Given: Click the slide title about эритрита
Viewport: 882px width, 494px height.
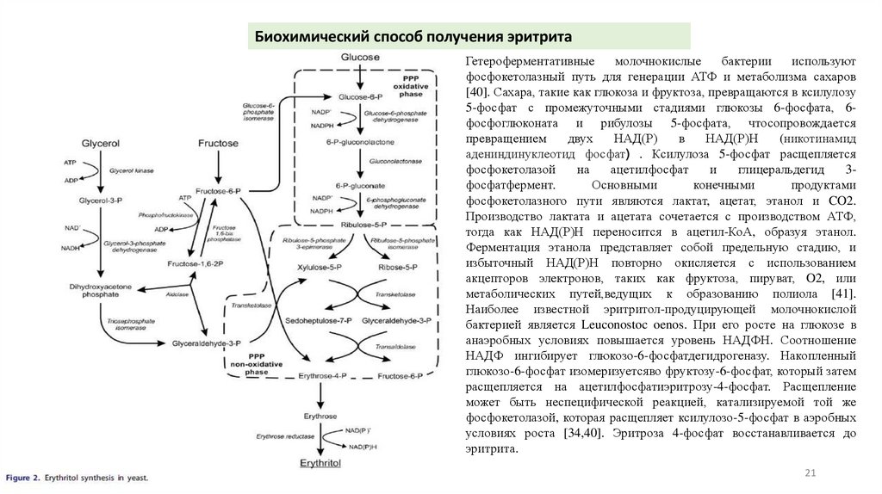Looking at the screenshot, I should (x=413, y=37).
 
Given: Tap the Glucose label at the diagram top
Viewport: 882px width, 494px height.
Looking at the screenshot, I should (x=359, y=58).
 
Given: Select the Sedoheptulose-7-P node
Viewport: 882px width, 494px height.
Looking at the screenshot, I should (x=319, y=320).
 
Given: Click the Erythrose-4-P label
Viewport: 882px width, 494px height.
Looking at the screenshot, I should (x=321, y=376).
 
